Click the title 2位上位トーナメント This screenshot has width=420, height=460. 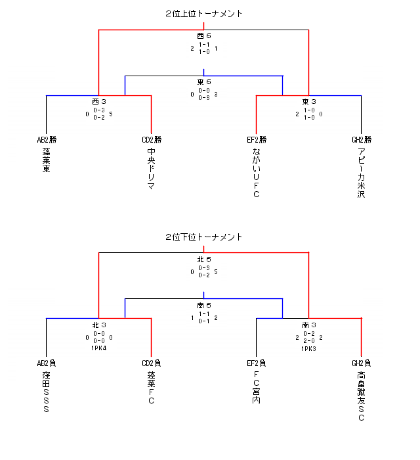(203, 13)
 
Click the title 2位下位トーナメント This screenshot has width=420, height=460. (203, 237)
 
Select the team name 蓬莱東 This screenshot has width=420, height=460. (46, 160)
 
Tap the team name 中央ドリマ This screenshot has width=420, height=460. (151, 169)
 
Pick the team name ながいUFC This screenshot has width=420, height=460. (256, 173)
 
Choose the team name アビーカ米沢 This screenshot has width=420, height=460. (361, 173)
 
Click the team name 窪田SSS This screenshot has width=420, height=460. (46, 392)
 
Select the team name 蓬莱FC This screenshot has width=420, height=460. (151, 388)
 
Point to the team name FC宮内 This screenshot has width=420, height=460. (256, 388)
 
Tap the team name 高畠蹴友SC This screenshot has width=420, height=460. (361, 396)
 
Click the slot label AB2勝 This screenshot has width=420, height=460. (47, 139)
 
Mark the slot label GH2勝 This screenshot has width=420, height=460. (362, 139)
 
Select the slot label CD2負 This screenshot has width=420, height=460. (152, 363)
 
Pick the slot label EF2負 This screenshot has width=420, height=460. (257, 363)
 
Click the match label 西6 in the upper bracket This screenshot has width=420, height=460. (203, 35)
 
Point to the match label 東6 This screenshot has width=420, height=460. (203, 82)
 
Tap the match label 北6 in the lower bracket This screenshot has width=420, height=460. (203, 259)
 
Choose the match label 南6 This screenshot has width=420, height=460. (203, 306)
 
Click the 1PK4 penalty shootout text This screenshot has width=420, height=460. (99, 348)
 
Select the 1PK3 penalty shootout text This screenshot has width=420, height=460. (309, 348)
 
